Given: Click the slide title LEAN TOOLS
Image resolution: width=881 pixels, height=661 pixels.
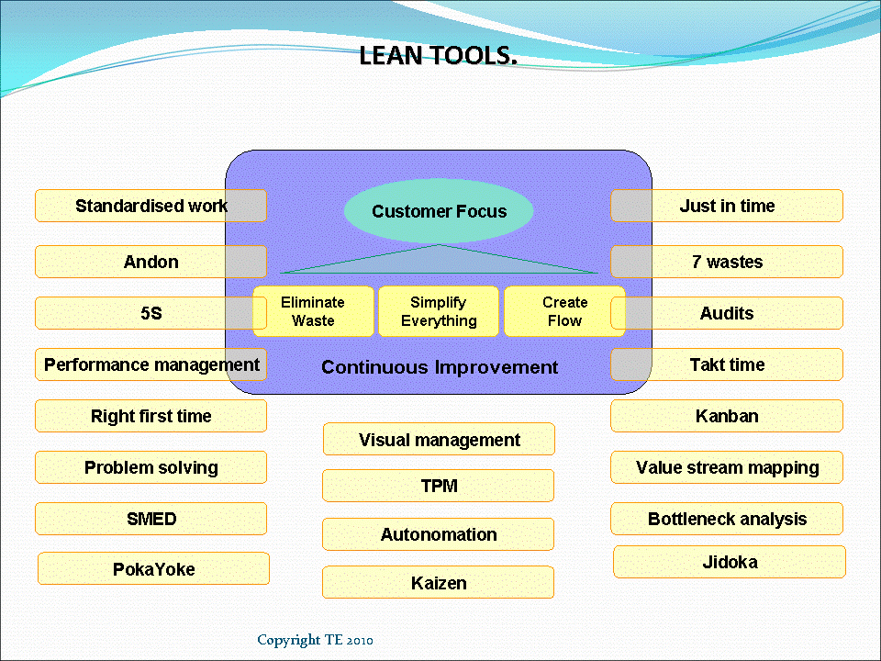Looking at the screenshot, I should point(439,56).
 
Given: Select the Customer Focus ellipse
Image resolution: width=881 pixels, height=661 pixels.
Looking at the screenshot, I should point(439,211).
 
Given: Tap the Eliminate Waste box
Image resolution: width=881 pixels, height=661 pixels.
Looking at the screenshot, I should point(313,312).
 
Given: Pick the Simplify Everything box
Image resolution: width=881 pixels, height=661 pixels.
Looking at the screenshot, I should point(439,312).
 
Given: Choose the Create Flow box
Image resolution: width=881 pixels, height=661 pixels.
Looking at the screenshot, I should point(564,312).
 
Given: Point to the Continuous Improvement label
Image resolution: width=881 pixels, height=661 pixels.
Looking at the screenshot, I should point(439,367).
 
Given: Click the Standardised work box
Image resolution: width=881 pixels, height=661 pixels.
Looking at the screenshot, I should point(151,206).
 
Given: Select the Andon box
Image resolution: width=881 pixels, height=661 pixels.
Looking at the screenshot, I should point(151,262).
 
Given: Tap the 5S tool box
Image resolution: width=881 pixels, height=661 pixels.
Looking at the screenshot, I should point(151,313).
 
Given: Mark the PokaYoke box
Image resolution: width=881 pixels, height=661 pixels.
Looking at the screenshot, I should point(153,569).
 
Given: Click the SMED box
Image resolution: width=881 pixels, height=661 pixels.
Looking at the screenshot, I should point(151,519).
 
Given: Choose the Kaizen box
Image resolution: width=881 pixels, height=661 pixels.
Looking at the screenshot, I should point(438,583).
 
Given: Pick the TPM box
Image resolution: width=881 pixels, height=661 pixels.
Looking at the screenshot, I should point(438,486).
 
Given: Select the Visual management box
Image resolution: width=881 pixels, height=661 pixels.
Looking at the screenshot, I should point(439,440).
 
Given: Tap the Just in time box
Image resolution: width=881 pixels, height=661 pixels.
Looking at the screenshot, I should point(727,206).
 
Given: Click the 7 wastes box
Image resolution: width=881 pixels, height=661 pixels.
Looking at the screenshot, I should point(727,262).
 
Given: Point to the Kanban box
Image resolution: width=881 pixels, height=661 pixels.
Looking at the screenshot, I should point(727,416).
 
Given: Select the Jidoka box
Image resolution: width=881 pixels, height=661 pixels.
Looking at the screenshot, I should point(729,562).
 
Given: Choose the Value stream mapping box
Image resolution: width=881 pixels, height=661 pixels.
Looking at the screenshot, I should point(727,467).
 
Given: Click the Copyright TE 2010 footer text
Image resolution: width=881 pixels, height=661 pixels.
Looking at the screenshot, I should point(315,640).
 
